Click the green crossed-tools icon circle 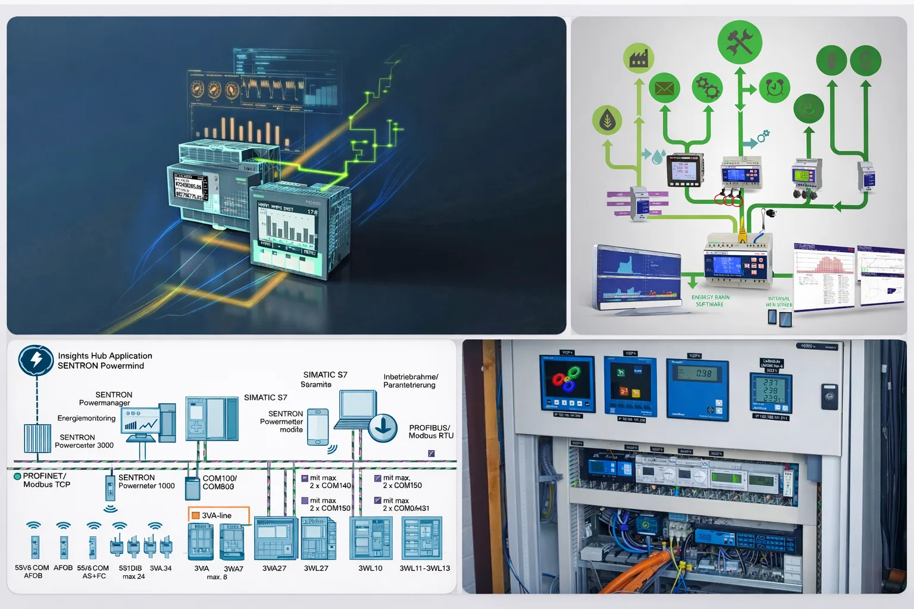(740, 42)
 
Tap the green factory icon (638, 58)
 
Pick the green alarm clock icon (774, 87)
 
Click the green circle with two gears (708, 88)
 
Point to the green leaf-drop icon (607, 120)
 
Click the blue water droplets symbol (657, 157)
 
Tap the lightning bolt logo (36, 360)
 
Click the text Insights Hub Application (105, 356)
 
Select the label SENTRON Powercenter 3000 (84, 441)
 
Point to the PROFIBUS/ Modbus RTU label (431, 432)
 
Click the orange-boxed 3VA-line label (218, 516)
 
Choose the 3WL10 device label (370, 569)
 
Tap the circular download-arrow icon (383, 428)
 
